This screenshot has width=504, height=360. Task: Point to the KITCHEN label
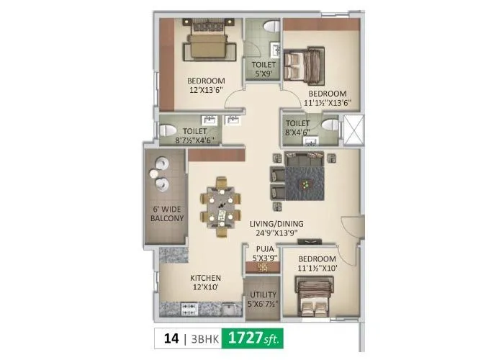coord(205,278)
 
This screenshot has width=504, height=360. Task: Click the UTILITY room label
coord(261,297)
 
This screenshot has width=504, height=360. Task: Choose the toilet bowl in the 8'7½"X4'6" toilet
coord(167,130)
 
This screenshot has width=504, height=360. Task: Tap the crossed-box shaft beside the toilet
coord(353,127)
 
